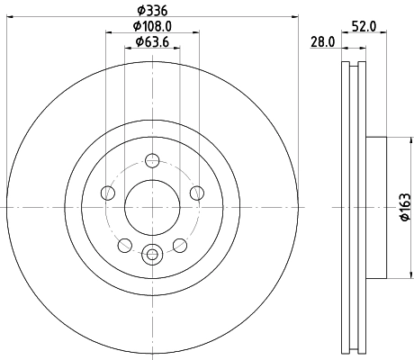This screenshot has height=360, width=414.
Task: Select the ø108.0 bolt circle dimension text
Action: coord(151,25)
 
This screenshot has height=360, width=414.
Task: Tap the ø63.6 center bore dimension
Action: coord(151,41)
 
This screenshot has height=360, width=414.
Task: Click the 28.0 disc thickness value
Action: coord(323,41)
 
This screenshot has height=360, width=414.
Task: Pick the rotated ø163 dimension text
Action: coord(404,206)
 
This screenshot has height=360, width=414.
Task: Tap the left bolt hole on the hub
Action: coord(108,193)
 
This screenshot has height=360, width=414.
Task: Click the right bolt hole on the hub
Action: coord(195,193)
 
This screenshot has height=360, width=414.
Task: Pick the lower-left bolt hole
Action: coord(124,244)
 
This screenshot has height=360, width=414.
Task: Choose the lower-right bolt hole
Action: coord(178,244)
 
